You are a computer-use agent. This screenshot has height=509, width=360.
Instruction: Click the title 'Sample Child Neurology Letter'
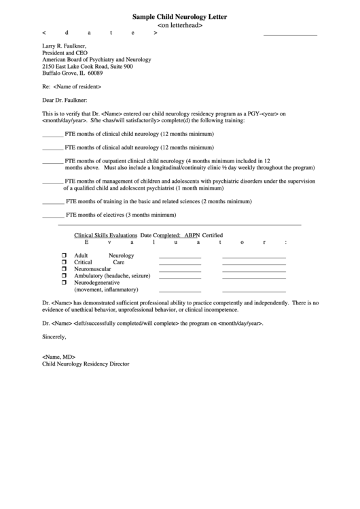pyautogui.click(x=180, y=16)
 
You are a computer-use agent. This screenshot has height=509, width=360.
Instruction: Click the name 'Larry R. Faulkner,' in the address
pyautogui.click(x=66, y=45)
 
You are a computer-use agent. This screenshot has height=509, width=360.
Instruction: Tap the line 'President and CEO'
pyautogui.click(x=65, y=52)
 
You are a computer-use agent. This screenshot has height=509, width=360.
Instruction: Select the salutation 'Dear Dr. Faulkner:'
pyautogui.click(x=69, y=101)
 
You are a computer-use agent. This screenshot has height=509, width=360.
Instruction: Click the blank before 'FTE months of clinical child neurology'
pyautogui.click(x=52, y=134)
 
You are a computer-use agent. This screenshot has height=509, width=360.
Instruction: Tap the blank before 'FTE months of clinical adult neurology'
pyautogui.click(x=52, y=147)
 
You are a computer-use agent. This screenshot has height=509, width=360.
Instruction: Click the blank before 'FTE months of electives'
pyautogui.click(x=52, y=215)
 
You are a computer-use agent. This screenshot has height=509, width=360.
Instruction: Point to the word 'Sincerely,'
pyautogui.click(x=54, y=337)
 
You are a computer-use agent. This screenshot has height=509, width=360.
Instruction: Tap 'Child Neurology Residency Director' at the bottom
pyautogui.click(x=86, y=364)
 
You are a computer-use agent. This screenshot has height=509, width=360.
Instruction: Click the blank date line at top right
pyautogui.click(x=290, y=33)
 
